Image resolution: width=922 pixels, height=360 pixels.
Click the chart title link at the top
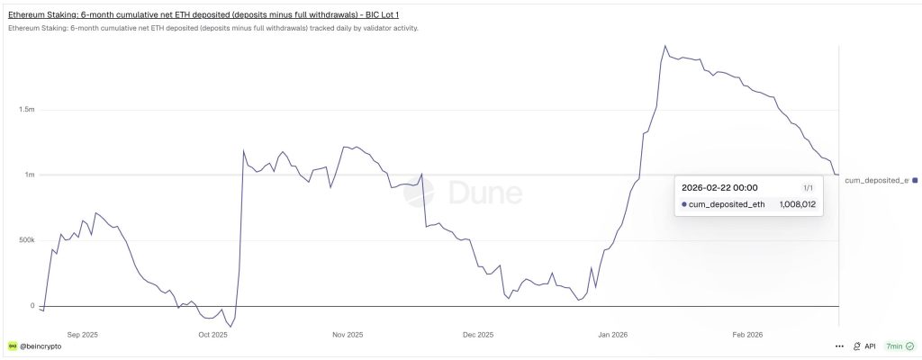click(x=203, y=14)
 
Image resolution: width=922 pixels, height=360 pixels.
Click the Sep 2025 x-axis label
click(x=82, y=335)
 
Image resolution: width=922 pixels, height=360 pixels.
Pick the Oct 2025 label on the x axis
click(x=212, y=335)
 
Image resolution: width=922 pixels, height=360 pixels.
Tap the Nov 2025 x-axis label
click(x=348, y=335)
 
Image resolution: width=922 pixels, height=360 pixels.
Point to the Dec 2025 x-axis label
click(x=478, y=335)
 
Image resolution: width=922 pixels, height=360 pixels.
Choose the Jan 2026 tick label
click(x=612, y=335)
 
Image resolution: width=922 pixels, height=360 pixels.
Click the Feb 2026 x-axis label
click(x=747, y=335)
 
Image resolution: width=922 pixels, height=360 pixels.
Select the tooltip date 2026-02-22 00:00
click(x=719, y=187)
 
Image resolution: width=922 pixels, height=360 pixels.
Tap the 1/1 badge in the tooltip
click(x=808, y=187)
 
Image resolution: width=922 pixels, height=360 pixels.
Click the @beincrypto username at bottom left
click(x=41, y=346)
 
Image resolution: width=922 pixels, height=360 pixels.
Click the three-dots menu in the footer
click(x=839, y=346)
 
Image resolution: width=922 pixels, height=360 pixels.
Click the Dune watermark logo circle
click(x=419, y=193)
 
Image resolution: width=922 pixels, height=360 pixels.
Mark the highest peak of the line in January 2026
click(x=665, y=46)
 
